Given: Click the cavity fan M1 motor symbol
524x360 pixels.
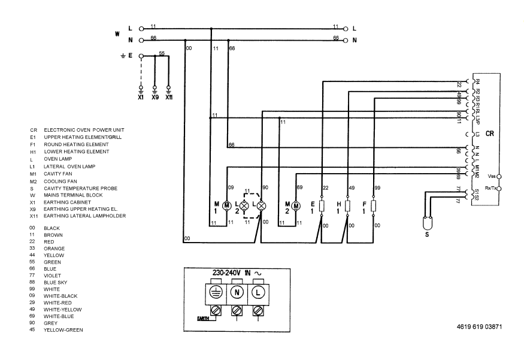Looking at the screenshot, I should tap(227, 205).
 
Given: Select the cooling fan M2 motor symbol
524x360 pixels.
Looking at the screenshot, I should tap(296, 205).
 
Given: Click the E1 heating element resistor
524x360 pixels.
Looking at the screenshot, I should tap(322, 205).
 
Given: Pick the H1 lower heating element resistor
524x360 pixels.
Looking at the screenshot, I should tap(348, 205).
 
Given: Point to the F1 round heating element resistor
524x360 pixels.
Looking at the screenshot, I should tap(374, 205).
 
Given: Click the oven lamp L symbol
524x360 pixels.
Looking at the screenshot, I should tap(261, 205).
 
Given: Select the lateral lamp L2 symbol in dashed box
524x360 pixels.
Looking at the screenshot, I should tap(244, 205).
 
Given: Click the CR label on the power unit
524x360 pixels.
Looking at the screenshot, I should tap(489, 134).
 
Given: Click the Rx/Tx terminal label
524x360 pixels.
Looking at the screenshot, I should tap(490, 188).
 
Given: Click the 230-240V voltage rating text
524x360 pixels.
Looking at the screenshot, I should tap(227, 272).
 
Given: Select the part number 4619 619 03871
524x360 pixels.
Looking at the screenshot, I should tap(477, 328).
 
